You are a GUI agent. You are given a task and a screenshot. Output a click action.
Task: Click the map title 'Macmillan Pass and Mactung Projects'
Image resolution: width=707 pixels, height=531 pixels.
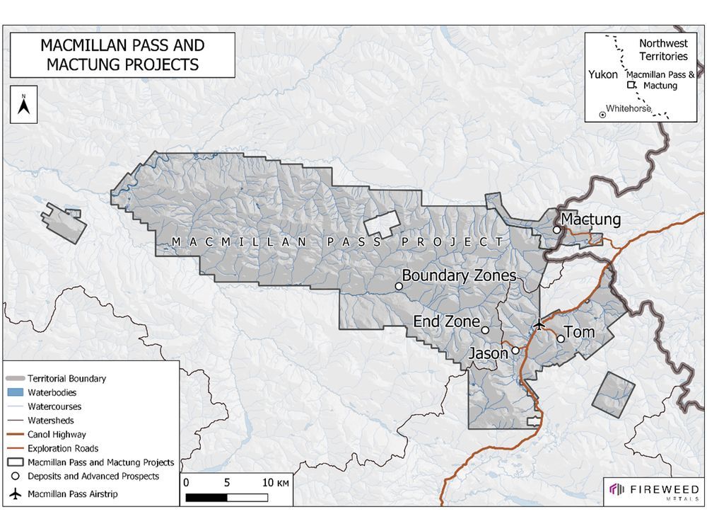point(122,55)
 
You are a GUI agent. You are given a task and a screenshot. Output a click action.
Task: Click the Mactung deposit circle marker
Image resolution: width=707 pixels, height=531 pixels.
point(557,229)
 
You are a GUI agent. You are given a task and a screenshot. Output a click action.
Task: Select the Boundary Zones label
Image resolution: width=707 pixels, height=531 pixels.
point(459,275)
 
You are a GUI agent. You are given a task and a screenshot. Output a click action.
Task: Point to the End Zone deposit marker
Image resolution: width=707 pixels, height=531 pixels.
point(485,330)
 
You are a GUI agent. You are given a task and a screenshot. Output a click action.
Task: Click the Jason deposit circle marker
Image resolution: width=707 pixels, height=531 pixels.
point(515,350)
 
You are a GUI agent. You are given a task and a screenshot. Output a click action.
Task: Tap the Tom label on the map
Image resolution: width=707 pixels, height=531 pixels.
point(580,332)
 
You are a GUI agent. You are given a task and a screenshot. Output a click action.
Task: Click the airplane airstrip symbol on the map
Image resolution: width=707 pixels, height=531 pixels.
point(540,324)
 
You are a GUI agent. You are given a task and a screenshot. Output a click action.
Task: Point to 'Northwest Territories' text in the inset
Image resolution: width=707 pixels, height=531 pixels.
point(662,50)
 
